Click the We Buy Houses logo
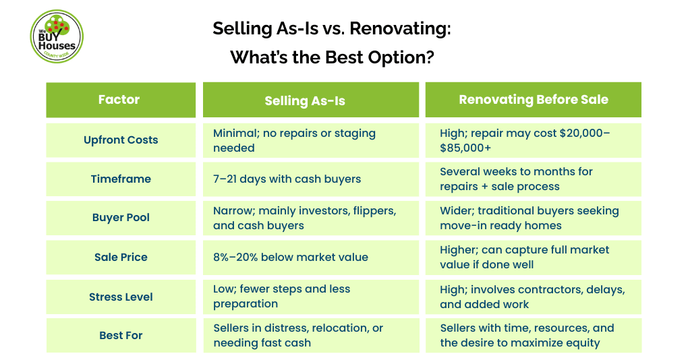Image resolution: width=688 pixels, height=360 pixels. coord(57,36)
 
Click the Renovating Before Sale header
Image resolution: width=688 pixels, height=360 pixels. coord(533,100)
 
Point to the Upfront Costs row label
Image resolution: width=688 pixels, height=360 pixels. coord(121,140)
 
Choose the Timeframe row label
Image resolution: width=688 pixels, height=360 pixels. coord(121,179)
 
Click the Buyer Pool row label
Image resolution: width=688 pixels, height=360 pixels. coord(121,218)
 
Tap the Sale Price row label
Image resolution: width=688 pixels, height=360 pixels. coord(121,257)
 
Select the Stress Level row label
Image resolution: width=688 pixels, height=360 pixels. coord(121,297)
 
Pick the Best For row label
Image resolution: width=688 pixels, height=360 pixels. coord(121,336)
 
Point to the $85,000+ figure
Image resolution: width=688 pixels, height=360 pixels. coord(465,148)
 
